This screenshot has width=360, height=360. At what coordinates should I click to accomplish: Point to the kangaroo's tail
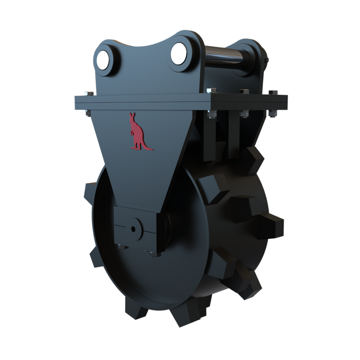(148, 148)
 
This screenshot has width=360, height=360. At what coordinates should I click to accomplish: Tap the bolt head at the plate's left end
(89, 94)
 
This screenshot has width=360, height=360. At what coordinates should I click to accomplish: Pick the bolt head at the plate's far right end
(273, 92)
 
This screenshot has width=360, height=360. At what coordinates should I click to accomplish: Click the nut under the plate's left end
(88, 112)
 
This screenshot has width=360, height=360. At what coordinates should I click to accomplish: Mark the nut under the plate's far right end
(272, 113)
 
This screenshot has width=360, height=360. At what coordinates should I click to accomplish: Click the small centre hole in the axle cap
(133, 229)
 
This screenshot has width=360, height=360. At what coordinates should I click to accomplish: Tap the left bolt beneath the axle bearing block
(122, 247)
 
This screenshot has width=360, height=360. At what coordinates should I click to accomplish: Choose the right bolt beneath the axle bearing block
(154, 253)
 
